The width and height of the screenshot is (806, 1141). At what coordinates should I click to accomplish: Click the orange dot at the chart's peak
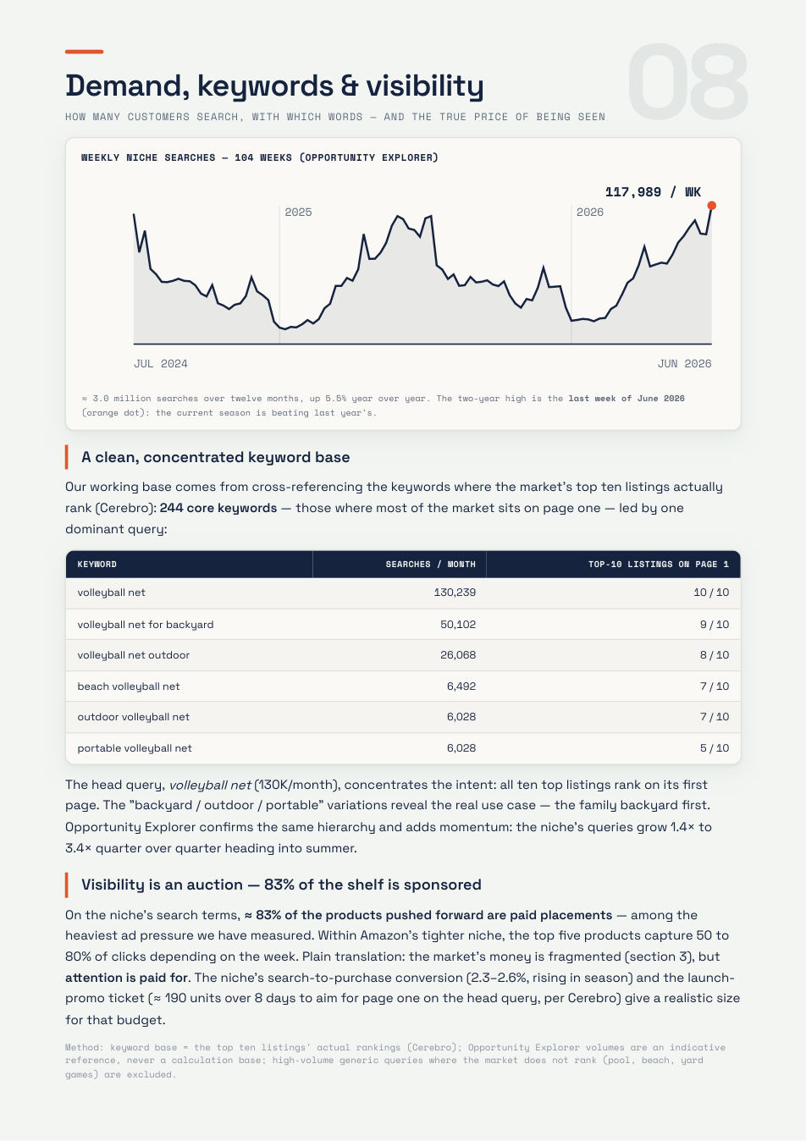(x=712, y=206)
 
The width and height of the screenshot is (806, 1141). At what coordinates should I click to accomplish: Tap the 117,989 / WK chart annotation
(x=653, y=192)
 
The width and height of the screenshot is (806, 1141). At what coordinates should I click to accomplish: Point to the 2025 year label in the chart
(x=298, y=212)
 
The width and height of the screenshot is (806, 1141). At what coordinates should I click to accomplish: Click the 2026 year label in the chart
(x=589, y=212)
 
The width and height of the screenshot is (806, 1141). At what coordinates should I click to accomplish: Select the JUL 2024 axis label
(x=161, y=364)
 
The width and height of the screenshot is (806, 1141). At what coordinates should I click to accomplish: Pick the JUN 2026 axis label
(x=684, y=364)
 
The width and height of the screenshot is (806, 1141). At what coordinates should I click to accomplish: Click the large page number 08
(x=687, y=81)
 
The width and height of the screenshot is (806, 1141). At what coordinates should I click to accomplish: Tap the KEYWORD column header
(x=97, y=565)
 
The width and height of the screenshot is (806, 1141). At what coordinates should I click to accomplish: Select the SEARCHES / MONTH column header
(x=430, y=565)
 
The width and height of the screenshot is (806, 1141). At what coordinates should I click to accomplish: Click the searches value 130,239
(x=455, y=593)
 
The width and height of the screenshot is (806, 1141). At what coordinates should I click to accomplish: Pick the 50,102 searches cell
(x=458, y=625)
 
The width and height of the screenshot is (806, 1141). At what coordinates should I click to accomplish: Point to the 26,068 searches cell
(x=458, y=655)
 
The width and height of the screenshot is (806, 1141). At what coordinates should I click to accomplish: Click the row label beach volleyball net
(x=129, y=686)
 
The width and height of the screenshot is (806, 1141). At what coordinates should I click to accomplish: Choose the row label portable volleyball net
(x=135, y=748)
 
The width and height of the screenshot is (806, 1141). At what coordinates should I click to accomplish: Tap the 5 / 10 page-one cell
(x=715, y=748)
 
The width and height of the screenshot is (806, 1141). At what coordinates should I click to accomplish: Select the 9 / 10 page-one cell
(x=715, y=625)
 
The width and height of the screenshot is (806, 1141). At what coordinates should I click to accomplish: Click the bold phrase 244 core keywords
(x=218, y=509)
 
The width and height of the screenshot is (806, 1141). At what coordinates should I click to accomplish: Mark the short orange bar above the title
(x=84, y=52)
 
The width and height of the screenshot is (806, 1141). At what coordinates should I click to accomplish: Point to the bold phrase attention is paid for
(x=127, y=978)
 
